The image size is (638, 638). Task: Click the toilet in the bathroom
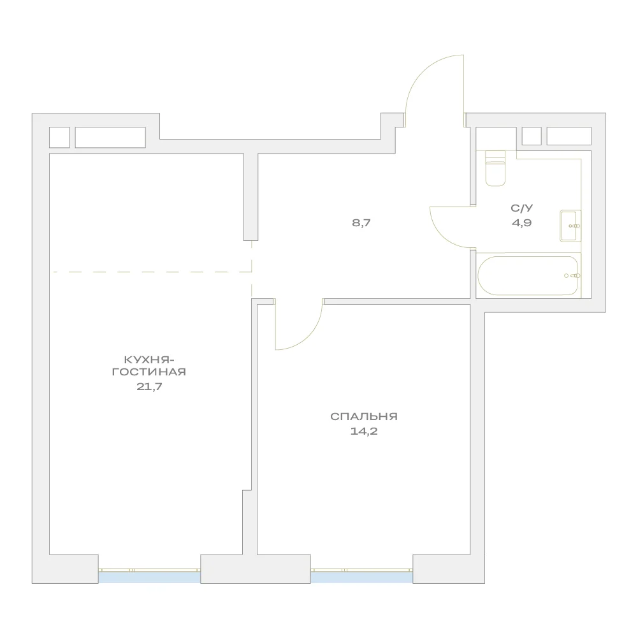coord(495,168)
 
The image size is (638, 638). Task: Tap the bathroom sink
coord(570,226)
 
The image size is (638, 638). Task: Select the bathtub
coord(528,275)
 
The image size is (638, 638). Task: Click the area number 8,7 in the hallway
coord(361,223)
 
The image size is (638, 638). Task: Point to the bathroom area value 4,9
coord(521,223)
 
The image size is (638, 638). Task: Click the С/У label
coord(521,208)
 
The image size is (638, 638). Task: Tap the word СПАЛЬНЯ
coord(364,416)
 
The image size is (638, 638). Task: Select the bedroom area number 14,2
coord(364,431)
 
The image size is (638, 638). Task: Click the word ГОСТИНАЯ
coord(149,372)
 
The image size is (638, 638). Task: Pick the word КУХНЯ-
coord(149,359)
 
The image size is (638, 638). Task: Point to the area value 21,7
coord(149,386)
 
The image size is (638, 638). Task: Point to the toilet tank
coord(495,156)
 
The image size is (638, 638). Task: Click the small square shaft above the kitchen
coord(59,137)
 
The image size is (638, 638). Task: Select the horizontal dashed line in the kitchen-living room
coord(152,272)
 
